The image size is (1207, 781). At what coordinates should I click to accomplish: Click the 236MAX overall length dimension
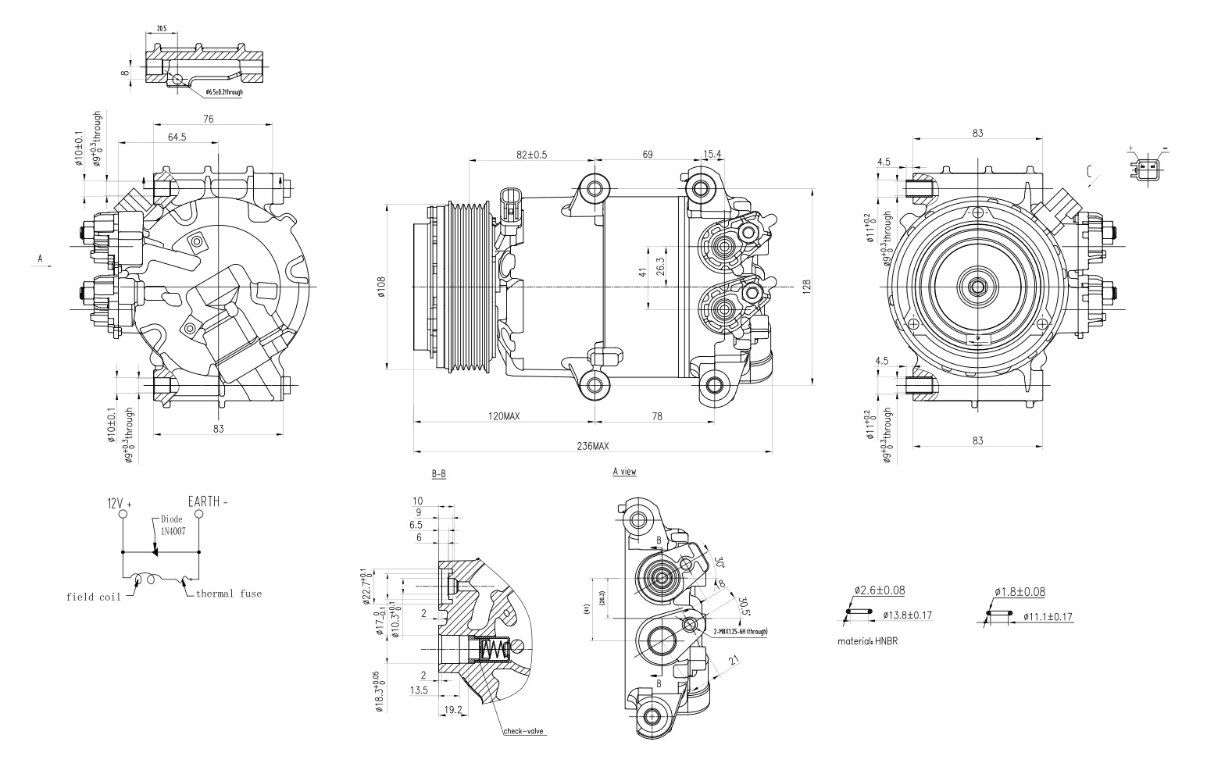coord(592,446)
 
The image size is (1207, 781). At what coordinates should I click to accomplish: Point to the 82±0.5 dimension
coord(531,155)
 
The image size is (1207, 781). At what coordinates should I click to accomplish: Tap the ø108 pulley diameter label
coord(381,287)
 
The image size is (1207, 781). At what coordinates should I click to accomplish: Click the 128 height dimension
coord(806,287)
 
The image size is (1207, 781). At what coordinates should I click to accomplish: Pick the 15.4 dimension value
coord(712,155)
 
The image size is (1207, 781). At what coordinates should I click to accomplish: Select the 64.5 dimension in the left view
coord(177,137)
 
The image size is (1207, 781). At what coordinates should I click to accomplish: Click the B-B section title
coord(439,474)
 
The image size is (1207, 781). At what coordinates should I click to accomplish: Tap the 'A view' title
coord(624,472)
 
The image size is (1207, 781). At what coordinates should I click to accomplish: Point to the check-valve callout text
coord(523,732)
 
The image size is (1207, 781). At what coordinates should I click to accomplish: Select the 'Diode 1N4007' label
coord(173,525)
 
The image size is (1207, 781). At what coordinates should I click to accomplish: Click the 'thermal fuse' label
coord(228,594)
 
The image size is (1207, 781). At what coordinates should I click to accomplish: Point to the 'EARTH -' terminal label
coord(208,501)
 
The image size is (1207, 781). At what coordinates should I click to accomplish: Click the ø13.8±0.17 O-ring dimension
coord(908,615)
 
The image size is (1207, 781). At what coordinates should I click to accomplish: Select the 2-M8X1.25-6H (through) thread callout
coord(740,631)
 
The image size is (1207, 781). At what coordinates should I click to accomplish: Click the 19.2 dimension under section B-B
coord(453,710)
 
